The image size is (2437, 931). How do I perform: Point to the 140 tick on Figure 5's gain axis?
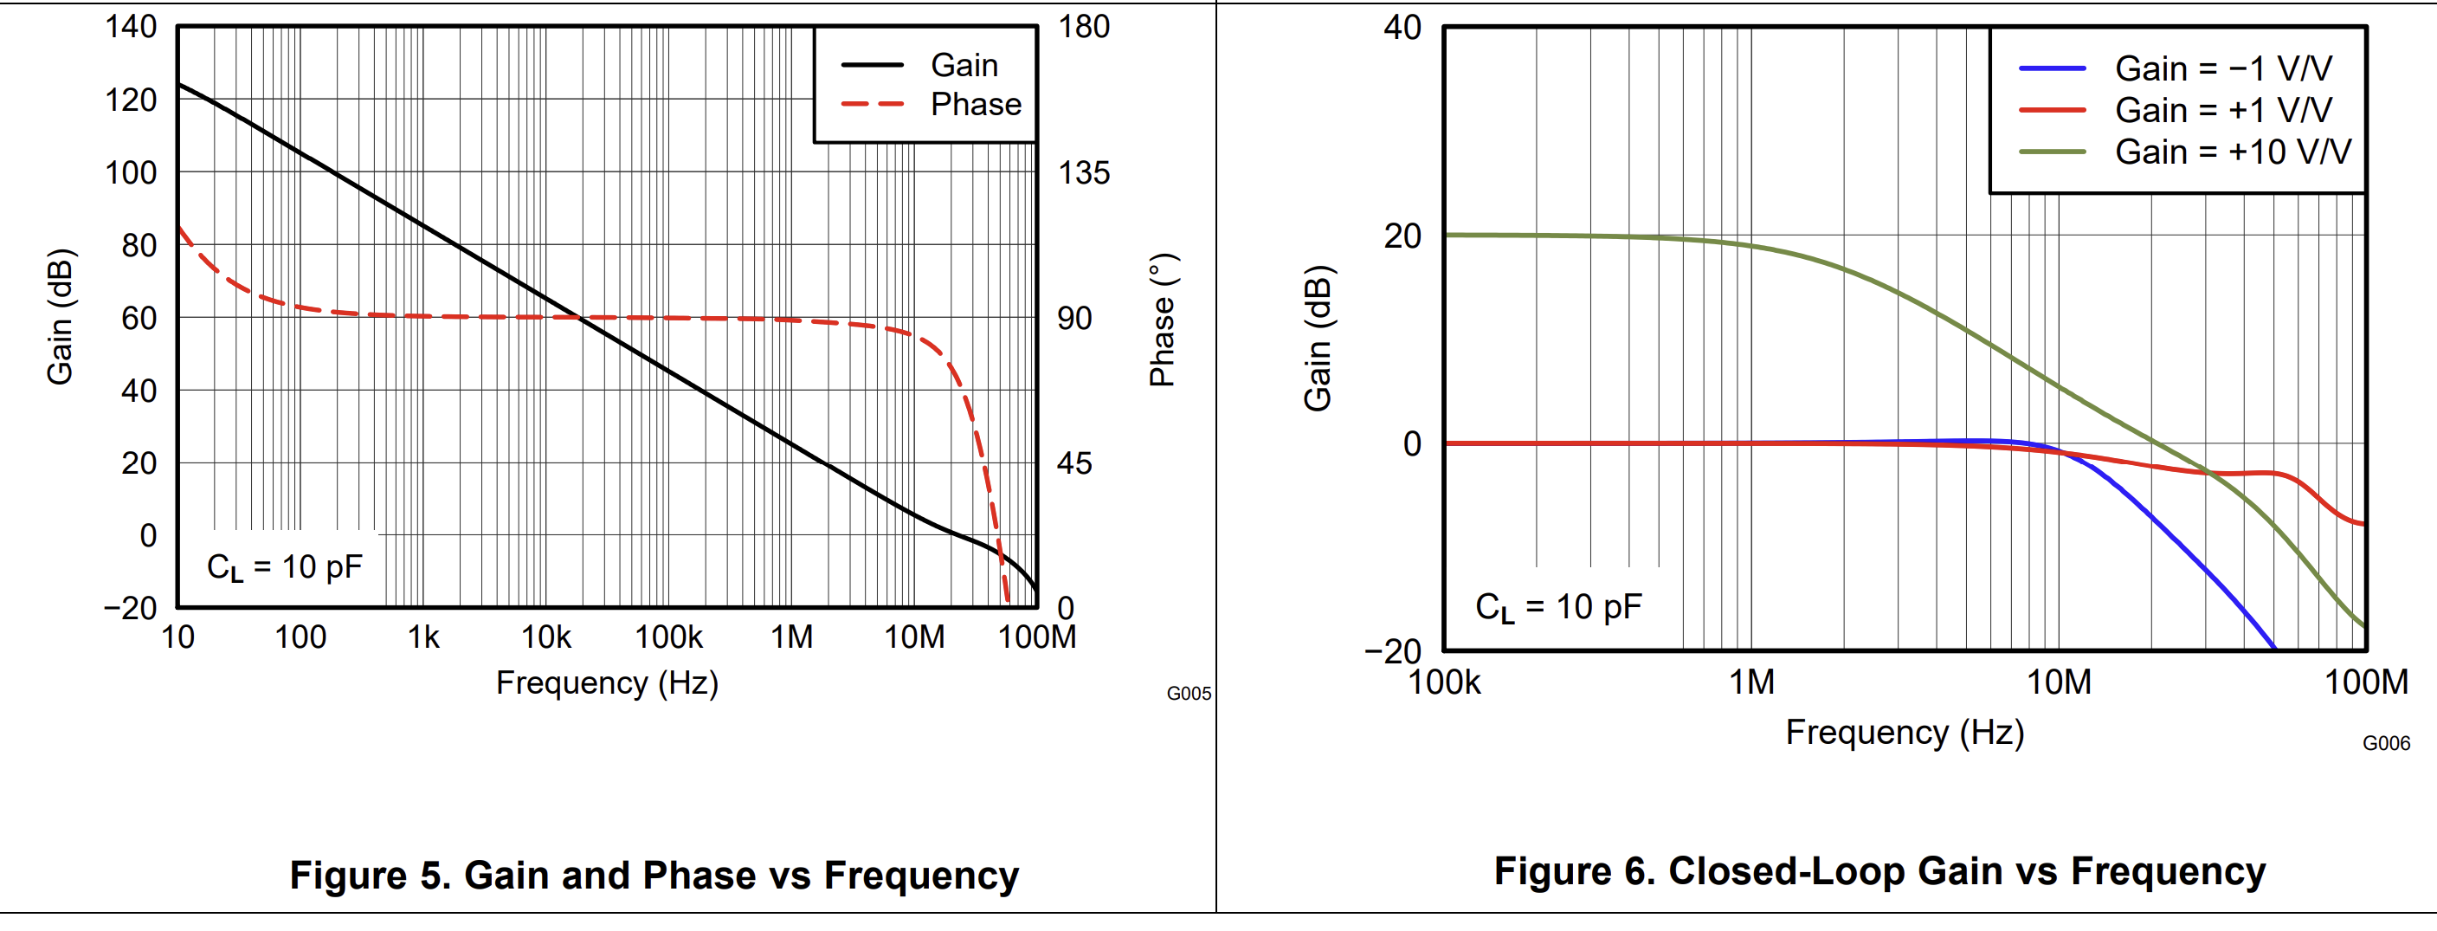point(131,27)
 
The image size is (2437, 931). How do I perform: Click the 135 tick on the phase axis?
point(1083,173)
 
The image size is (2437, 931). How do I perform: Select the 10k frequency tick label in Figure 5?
point(546,637)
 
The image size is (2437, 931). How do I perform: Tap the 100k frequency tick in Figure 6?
point(1444,682)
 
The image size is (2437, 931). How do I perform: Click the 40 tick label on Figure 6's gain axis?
point(1402,28)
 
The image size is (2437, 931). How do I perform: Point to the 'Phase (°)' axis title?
point(1163,320)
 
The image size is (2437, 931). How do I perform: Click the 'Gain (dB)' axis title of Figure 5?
point(60,317)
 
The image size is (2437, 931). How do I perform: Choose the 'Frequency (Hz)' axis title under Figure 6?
point(1905,733)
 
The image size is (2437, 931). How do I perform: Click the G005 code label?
point(1189,694)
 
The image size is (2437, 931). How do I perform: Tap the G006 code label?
point(2386,744)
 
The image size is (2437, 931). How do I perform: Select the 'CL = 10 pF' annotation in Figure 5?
point(284,567)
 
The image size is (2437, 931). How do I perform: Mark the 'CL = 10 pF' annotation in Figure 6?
point(1558,607)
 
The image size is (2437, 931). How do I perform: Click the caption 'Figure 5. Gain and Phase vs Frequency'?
point(654,876)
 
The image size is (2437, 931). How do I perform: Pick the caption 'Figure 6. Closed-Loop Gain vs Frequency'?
point(1879,871)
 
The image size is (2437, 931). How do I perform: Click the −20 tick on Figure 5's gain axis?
point(131,607)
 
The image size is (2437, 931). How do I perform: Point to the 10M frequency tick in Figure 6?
point(2059,682)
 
